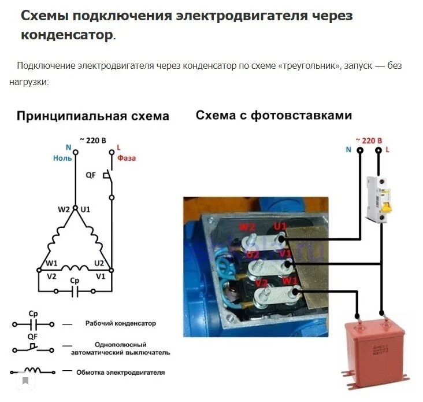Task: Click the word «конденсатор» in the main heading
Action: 67,35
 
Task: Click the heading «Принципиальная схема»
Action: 92,116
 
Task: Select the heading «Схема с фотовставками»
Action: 273,115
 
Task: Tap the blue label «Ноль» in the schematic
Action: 62,158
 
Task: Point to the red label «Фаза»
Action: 126,158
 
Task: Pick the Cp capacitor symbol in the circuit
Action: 74,291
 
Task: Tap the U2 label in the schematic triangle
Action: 99,263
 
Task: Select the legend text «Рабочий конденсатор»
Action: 120,323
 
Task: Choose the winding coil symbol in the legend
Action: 33,371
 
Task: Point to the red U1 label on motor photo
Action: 280,226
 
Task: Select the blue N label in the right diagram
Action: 348,149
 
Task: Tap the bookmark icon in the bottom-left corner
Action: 25,381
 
